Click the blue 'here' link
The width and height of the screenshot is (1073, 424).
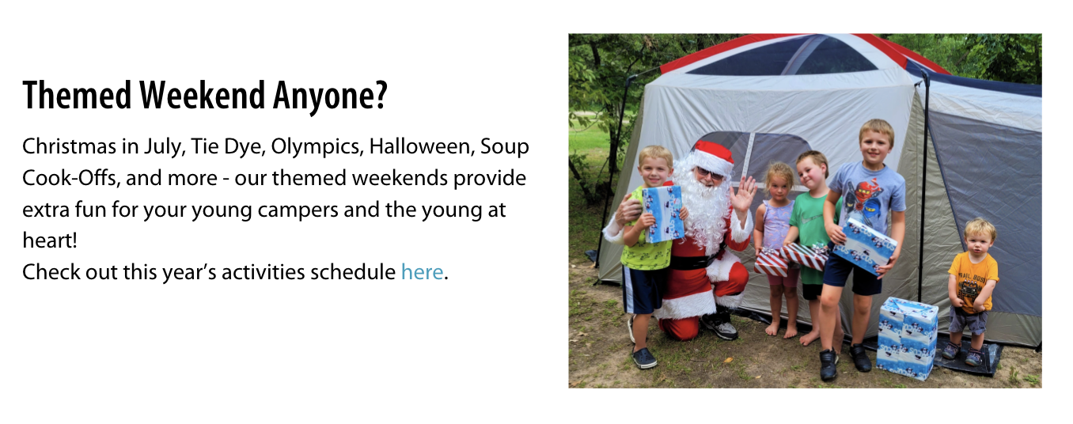422,272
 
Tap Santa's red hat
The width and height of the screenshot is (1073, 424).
714,155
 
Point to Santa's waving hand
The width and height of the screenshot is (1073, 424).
744,194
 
